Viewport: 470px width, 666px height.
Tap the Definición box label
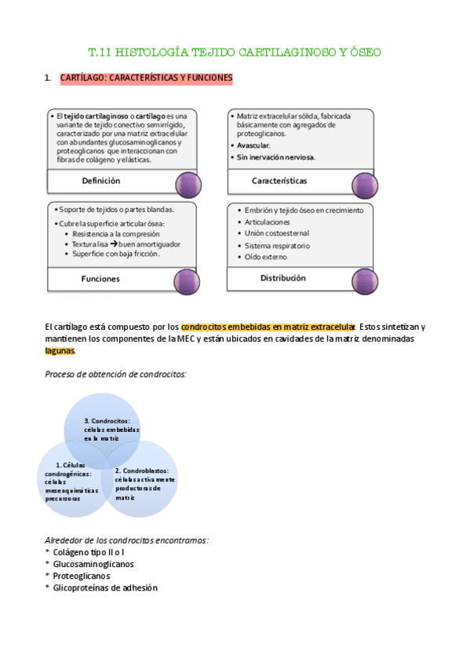coord(101,181)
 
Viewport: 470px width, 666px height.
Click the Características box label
coord(279,181)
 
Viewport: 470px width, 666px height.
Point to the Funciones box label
coord(100,279)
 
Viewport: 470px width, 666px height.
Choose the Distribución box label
coord(282,278)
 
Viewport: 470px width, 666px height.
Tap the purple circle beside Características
coord(365,185)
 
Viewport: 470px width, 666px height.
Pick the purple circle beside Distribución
coord(365,281)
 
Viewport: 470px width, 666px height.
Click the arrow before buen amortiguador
coord(113,244)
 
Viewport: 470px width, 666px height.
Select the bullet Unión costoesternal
coord(277,233)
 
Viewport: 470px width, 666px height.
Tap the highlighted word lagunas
coord(61,351)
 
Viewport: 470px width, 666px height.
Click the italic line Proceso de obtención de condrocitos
coord(115,375)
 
